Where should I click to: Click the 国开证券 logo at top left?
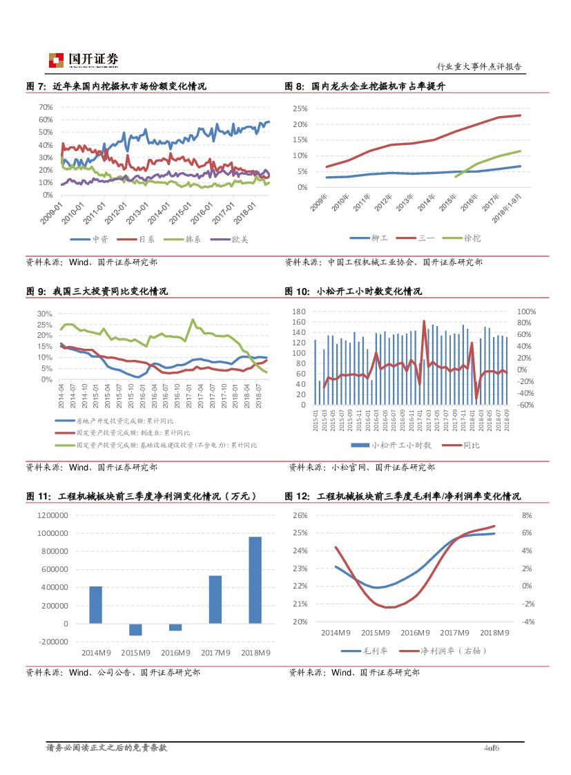coord(84,60)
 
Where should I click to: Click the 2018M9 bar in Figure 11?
coord(255,580)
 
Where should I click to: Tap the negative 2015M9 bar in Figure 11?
coord(135,629)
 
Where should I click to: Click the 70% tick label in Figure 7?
coord(46,108)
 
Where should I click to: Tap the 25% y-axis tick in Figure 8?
coord(300,109)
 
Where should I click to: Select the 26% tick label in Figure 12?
coord(300,515)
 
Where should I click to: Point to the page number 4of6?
coord(492,748)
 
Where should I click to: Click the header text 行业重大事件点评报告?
coord(479,67)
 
